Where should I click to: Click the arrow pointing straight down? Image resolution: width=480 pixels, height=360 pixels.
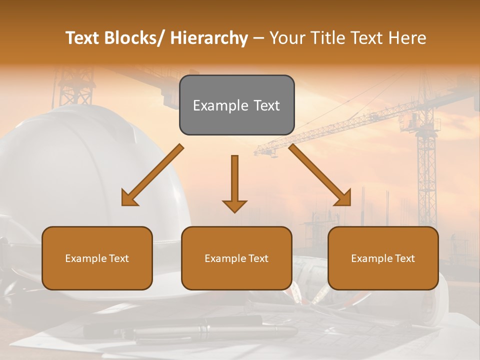click(x=234, y=182)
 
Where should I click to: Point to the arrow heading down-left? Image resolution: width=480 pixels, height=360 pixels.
click(x=152, y=175)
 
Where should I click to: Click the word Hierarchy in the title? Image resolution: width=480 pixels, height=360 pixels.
click(x=209, y=38)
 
